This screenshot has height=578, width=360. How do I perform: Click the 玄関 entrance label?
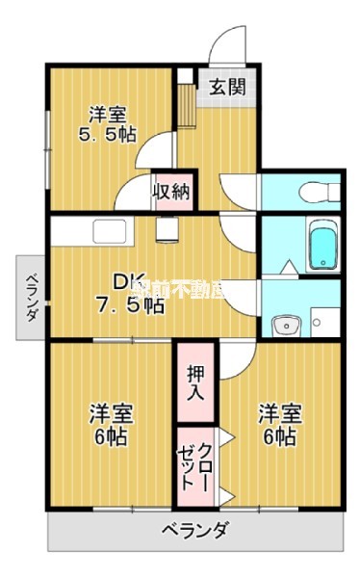click(x=228, y=86)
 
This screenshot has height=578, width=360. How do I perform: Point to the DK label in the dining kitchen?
click(x=130, y=283)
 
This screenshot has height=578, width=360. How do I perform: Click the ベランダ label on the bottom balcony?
click(x=194, y=530)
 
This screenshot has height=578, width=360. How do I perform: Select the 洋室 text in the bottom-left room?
click(x=112, y=414)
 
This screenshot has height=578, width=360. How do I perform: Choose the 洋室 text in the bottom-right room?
click(x=278, y=414)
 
